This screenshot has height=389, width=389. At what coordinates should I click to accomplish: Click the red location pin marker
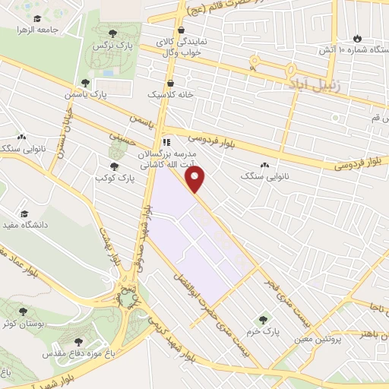(x=196, y=179)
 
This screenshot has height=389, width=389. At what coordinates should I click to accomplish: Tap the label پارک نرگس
(x=108, y=46)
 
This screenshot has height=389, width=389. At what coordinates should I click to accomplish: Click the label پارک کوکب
(x=115, y=179)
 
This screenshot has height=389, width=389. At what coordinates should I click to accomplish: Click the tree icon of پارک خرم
(x=264, y=320)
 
